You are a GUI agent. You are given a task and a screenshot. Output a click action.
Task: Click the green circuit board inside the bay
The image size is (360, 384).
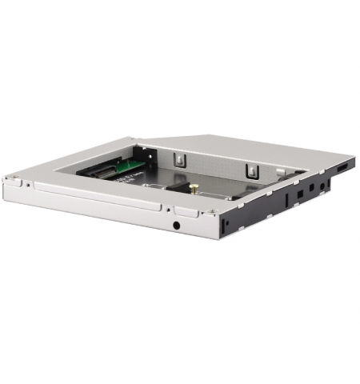127,166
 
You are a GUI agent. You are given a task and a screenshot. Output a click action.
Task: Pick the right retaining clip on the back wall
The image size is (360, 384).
250,170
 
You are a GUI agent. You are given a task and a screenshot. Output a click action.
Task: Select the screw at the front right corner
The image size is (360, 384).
212,212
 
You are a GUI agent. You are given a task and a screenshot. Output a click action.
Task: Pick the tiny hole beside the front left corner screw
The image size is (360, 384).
27,184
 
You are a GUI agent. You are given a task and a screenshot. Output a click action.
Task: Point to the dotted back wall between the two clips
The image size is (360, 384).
216,164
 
